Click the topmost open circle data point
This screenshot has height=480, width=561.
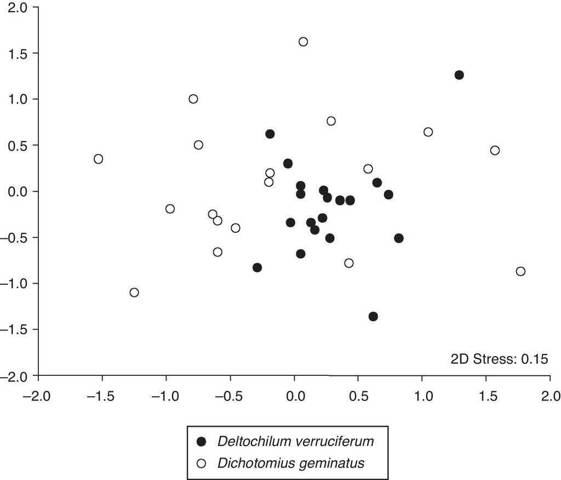tap(303, 42)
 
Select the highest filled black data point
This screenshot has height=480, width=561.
tap(459, 75)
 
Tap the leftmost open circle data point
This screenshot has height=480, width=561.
tap(98, 159)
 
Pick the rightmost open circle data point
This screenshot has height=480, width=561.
tap(520, 271)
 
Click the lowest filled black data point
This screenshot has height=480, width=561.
tap(373, 316)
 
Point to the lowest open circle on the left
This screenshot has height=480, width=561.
tap(134, 292)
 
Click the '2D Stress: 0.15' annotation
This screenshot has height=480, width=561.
tap(499, 359)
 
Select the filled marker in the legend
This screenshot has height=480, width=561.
tap(202, 442)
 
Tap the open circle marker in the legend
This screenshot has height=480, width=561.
tap(202, 463)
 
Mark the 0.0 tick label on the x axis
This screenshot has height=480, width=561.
tap(294, 395)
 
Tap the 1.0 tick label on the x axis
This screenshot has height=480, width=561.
tap(422, 395)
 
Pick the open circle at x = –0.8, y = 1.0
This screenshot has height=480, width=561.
tap(193, 99)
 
